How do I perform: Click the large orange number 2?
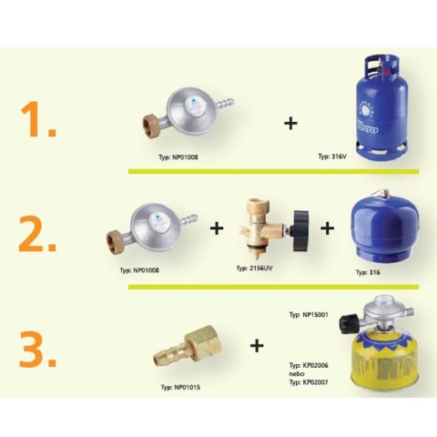point(38,234)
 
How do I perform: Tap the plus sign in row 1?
point(290,122)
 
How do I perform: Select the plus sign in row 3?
point(257,345)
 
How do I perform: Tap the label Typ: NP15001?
point(307,313)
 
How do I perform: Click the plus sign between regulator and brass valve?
point(217,228)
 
